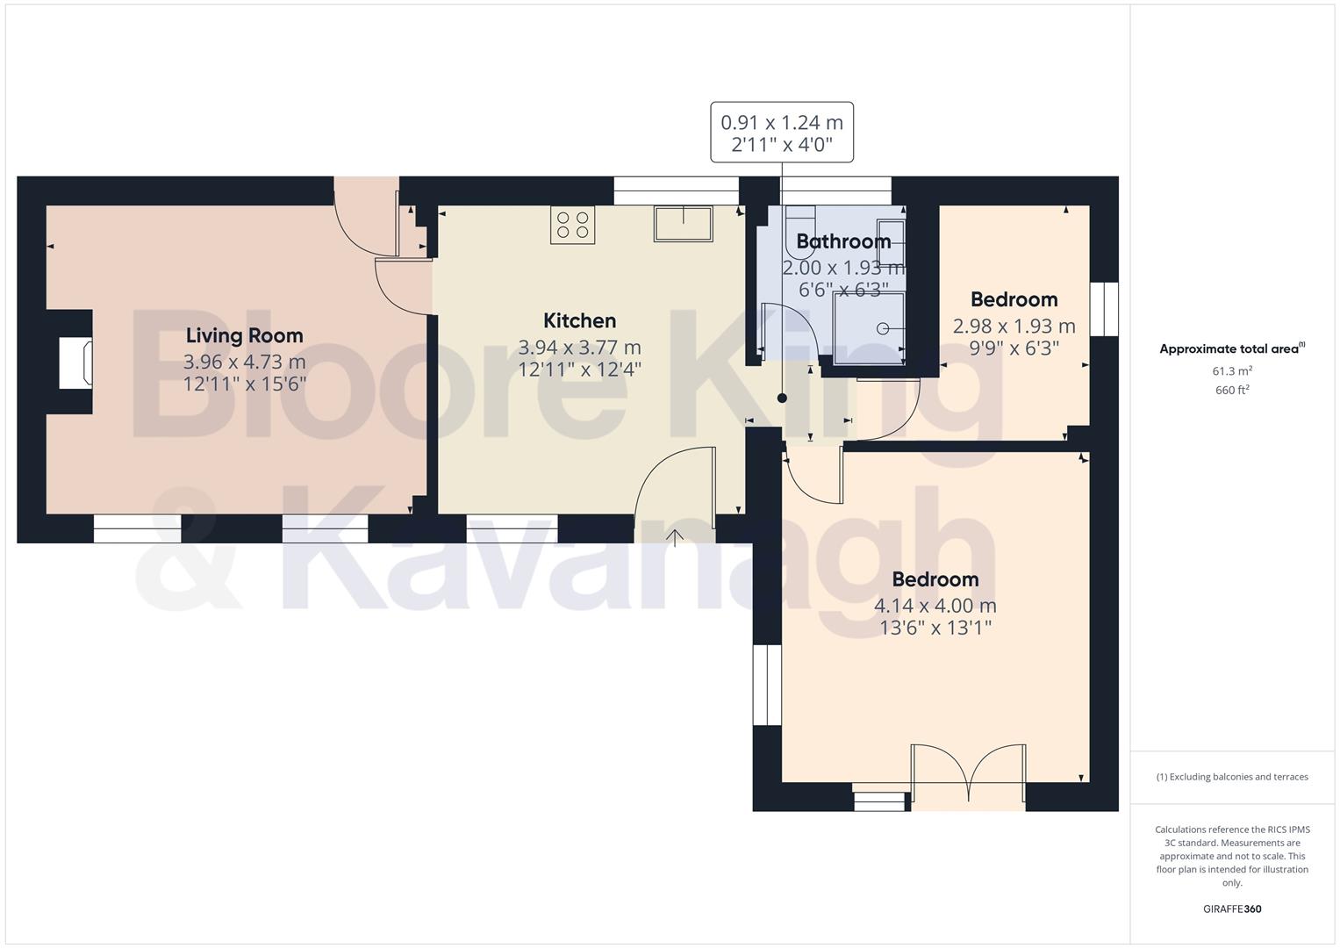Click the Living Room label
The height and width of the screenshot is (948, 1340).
[244, 335]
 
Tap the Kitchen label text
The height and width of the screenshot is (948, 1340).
[579, 320]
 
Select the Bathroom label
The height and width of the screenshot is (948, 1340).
[842, 241]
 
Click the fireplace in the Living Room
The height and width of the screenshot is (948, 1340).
[75, 363]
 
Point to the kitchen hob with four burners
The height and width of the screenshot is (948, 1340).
[572, 225]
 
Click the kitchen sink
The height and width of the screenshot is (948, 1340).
[683, 224]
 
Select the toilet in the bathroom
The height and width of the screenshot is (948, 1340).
[799, 219]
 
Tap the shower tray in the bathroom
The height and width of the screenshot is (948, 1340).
[868, 328]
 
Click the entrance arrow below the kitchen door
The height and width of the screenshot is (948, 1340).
[675, 538]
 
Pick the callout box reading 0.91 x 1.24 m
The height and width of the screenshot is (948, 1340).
[781, 133]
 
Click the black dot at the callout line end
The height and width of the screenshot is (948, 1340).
[782, 399]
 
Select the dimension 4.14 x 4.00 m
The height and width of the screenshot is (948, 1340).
[935, 606]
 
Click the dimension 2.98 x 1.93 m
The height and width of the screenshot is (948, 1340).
[1014, 327]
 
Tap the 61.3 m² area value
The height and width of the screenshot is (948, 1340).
[1232, 371]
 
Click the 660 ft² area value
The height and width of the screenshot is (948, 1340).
[1232, 391]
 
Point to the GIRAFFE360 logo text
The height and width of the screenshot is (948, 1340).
[1231, 909]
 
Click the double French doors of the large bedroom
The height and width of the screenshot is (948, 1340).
[968, 773]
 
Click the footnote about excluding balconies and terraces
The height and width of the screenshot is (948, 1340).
[1232, 777]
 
